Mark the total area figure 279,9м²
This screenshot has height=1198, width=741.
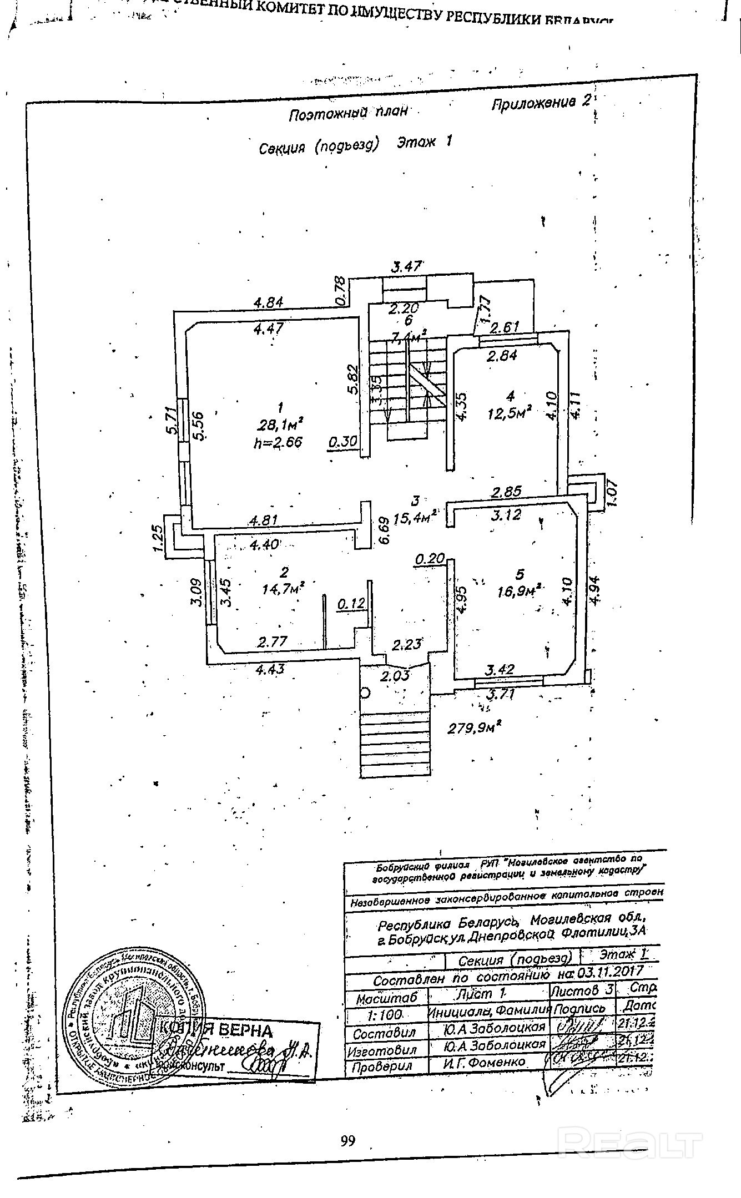[475, 726]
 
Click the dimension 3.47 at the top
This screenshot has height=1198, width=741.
[407, 266]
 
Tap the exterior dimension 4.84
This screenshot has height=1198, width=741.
[269, 302]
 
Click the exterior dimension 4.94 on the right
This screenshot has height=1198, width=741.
[594, 591]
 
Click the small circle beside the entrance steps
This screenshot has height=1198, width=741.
[365, 692]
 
